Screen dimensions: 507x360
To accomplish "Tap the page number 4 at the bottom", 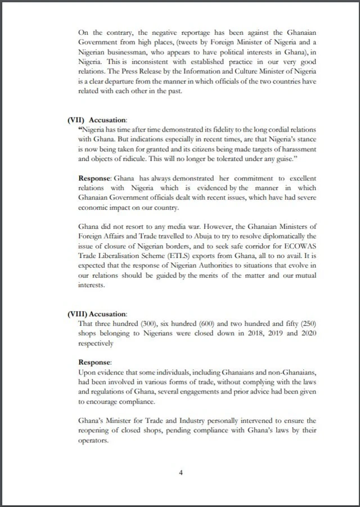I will click(181, 472).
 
